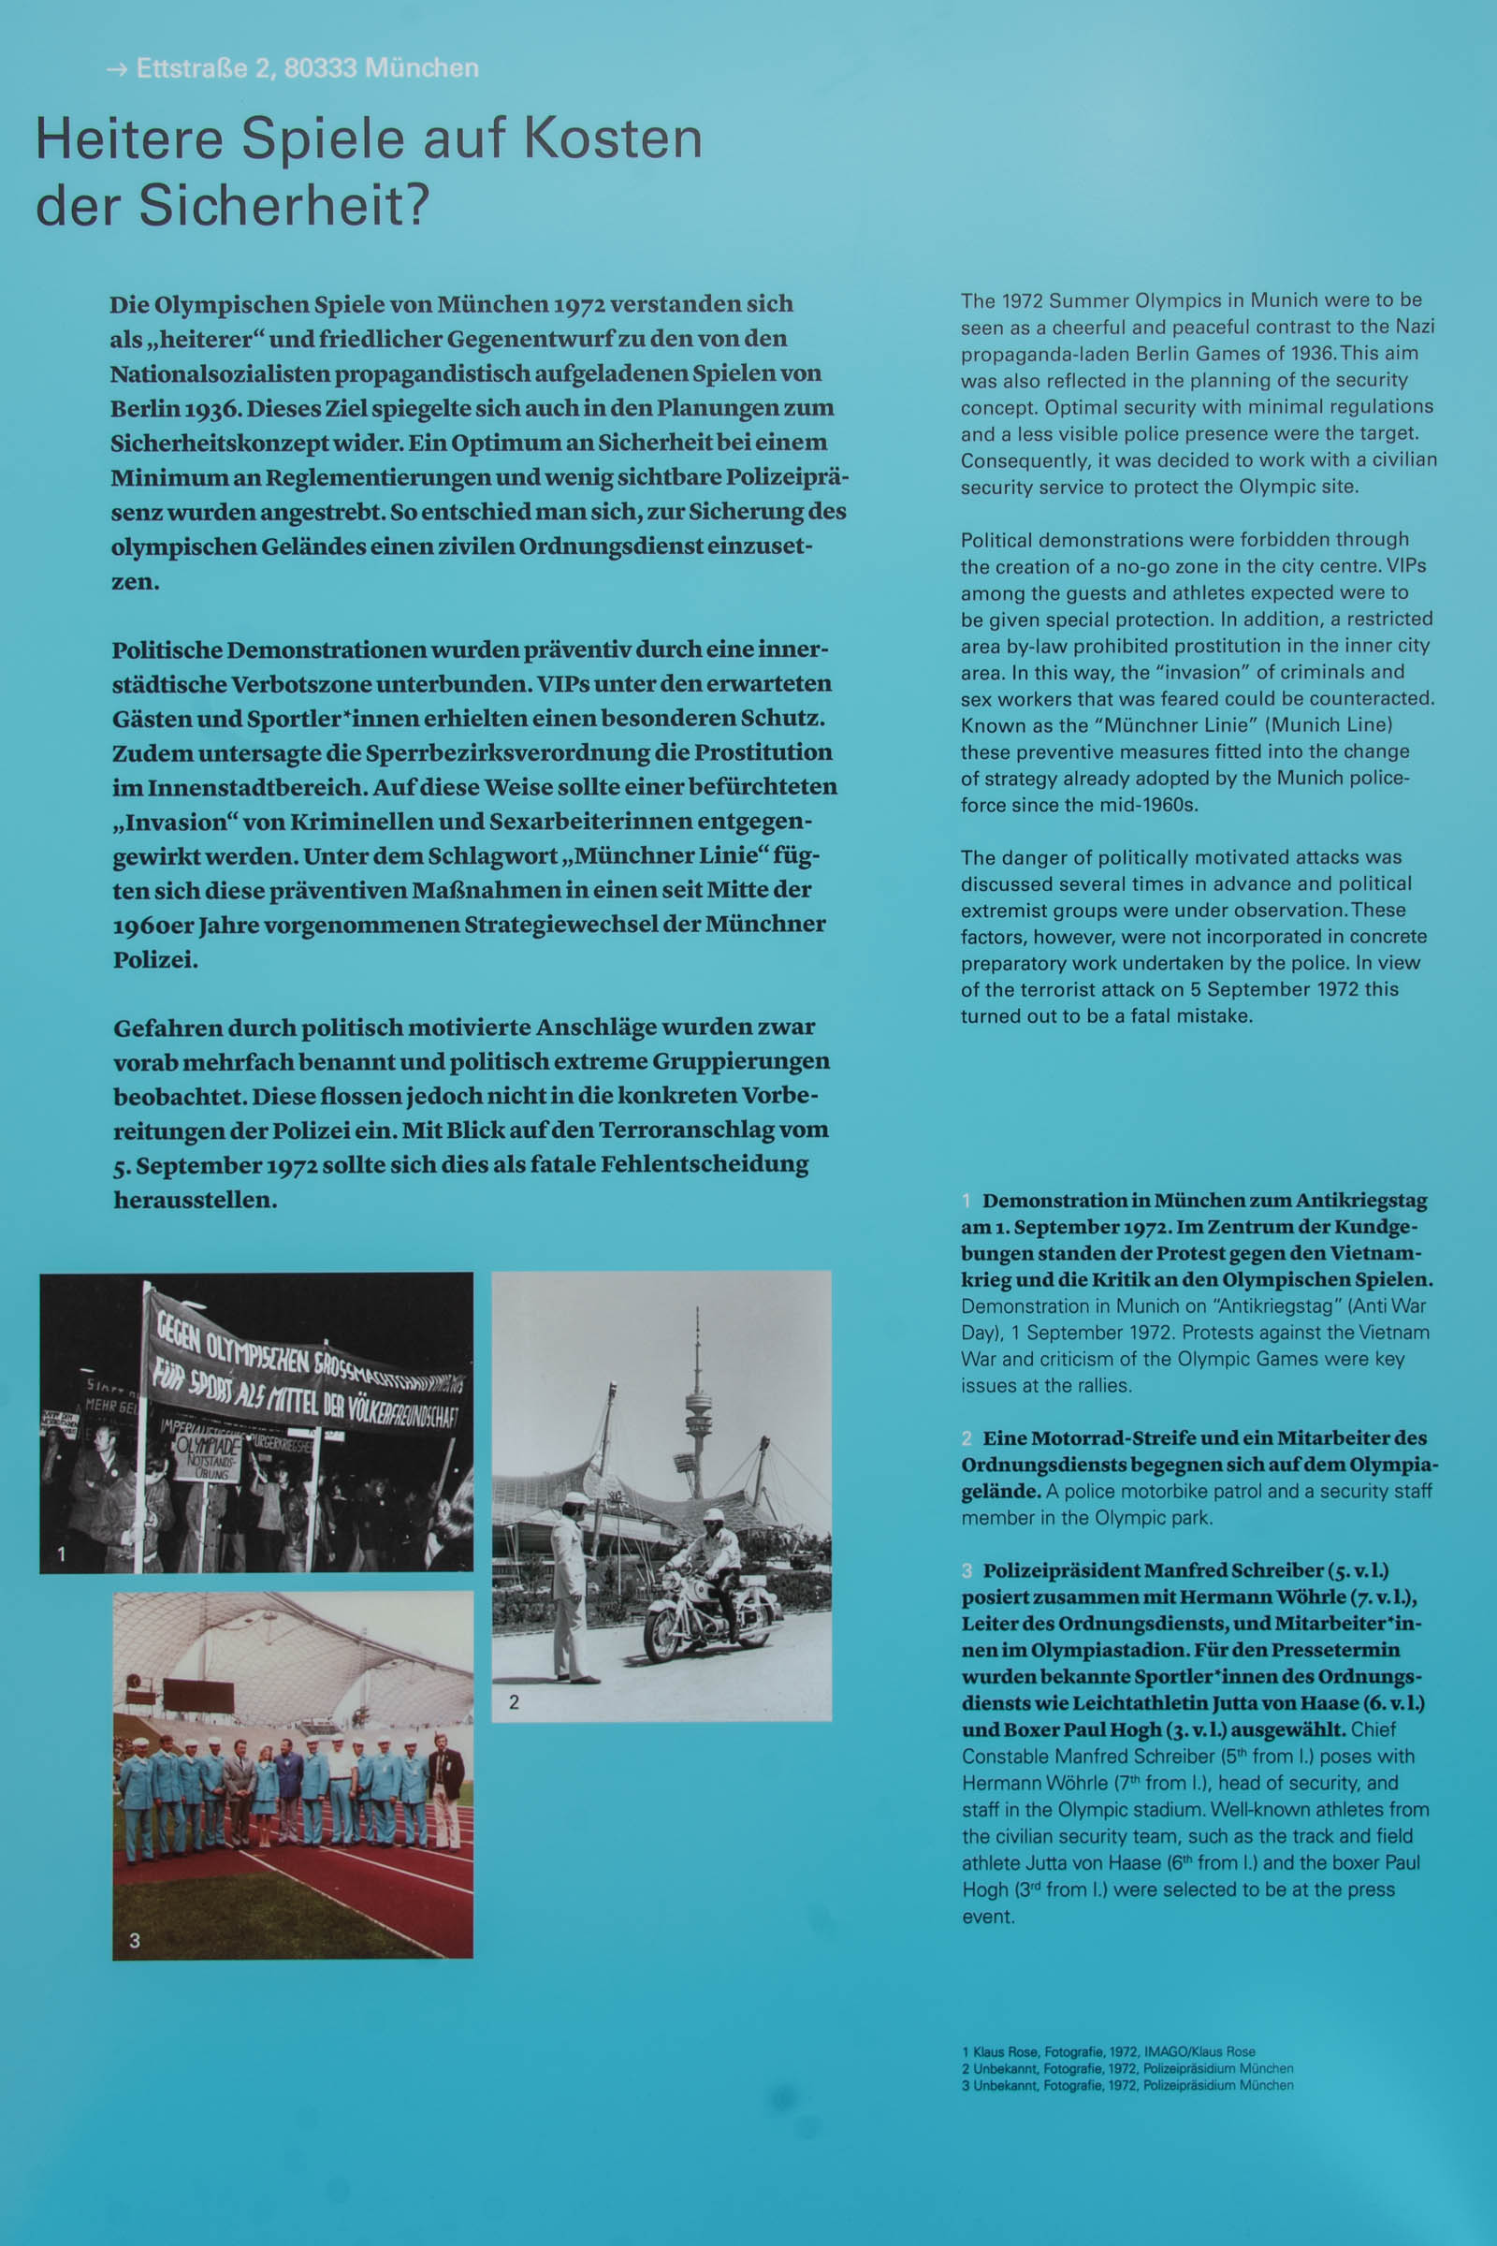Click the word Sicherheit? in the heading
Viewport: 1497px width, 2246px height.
tap(283, 205)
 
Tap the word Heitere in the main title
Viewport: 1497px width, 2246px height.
tap(129, 139)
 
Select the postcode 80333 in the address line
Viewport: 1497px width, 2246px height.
tap(320, 68)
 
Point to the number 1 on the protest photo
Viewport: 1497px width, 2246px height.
tap(61, 1553)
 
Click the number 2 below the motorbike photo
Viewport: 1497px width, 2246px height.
tap(514, 1700)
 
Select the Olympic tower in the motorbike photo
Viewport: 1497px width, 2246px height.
tap(698, 1404)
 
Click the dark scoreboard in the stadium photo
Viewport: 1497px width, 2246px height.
tap(198, 1695)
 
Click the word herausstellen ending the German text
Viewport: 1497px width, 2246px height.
tap(194, 1201)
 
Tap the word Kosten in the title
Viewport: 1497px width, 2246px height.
tap(612, 139)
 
